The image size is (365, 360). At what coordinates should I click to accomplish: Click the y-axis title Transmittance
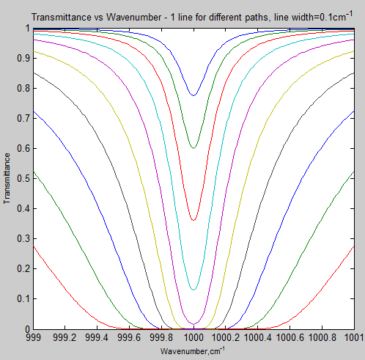pyautogui.click(x=7, y=178)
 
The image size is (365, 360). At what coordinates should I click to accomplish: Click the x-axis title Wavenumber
pyautogui.click(x=193, y=350)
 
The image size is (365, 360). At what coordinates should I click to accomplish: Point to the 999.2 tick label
pyautogui.click(x=64, y=338)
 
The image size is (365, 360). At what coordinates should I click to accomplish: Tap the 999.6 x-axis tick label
pyautogui.click(x=129, y=338)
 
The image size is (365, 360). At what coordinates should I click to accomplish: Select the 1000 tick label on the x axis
pyautogui.click(x=193, y=338)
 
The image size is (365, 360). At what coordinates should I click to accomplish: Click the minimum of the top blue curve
pyautogui.click(x=193, y=95)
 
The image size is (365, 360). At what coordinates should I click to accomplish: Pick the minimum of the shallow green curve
pyautogui.click(x=193, y=148)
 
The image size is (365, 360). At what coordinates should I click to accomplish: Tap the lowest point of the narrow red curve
pyautogui.click(x=193, y=220)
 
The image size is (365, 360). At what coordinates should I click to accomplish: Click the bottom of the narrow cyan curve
pyautogui.click(x=193, y=290)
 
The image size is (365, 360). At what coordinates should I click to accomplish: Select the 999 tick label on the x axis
pyautogui.click(x=32, y=338)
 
